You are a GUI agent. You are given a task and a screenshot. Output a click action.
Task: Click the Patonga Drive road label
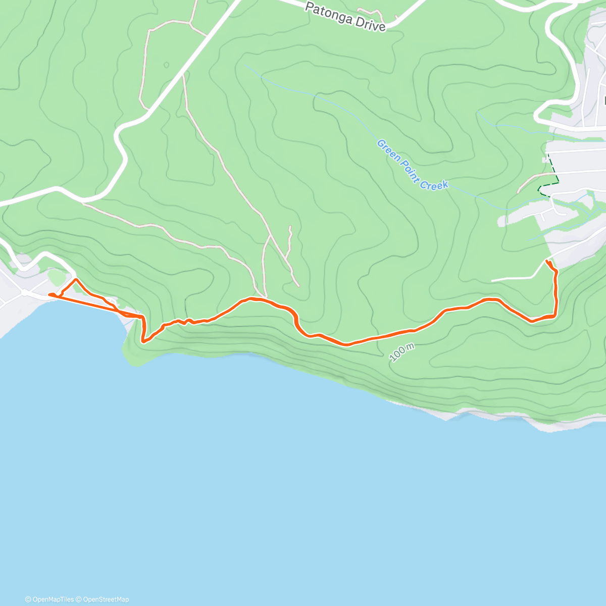(x=346, y=17)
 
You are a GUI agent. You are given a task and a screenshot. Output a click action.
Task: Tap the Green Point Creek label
(x=412, y=165)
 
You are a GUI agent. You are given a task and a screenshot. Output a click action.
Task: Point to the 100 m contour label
(x=402, y=352)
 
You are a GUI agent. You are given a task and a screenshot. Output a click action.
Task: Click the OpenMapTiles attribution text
(x=49, y=599)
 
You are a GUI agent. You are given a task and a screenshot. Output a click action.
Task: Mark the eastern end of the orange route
(x=547, y=261)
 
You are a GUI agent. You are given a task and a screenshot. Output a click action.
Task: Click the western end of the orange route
(x=50, y=294)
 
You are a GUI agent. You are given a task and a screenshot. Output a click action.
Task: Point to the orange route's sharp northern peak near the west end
(x=76, y=279)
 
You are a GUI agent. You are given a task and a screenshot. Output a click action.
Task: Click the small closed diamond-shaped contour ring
(x=166, y=65)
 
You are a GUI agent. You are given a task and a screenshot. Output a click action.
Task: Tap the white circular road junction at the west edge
(x=24, y=292)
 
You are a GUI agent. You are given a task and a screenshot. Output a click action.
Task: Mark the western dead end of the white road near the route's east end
(x=492, y=280)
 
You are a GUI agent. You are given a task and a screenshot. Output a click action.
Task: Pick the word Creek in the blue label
(x=434, y=184)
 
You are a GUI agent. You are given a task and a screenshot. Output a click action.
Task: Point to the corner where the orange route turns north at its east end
(x=555, y=316)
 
